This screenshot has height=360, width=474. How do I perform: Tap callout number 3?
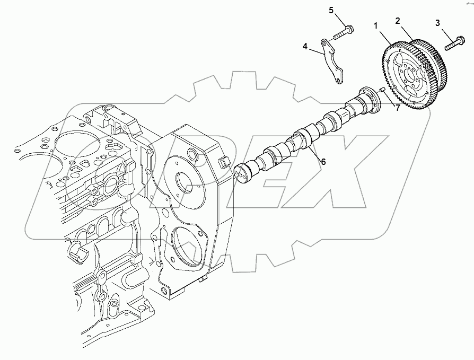pyautogui.click(x=437, y=23)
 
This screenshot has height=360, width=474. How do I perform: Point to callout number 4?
pyautogui.click(x=305, y=46)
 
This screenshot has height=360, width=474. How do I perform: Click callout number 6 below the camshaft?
pyautogui.click(x=322, y=162)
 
